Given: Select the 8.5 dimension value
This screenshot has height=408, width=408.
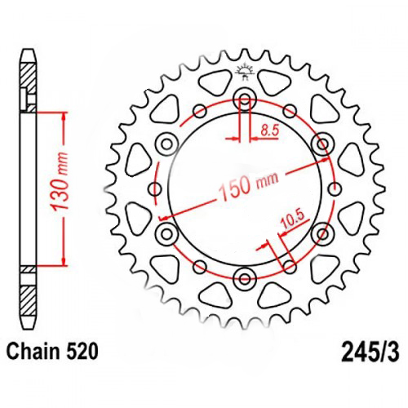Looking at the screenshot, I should (268, 130).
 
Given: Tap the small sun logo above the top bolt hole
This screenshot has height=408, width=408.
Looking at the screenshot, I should (244, 72).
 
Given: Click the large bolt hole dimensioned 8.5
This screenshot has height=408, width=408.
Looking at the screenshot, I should (244, 100).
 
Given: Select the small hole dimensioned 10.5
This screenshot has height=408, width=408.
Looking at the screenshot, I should (290, 264).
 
